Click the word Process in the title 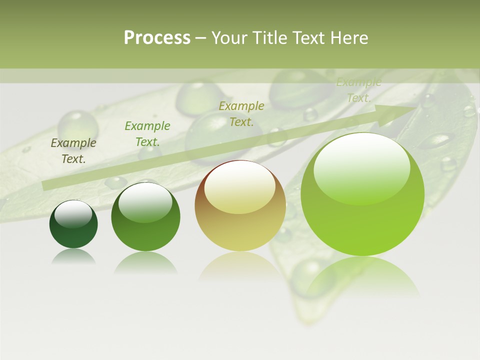point(157,38)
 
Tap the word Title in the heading point(269,38)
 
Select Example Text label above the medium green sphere point(147,134)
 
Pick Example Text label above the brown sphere point(241,113)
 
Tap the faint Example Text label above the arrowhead point(359,90)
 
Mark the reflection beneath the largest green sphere point(362,275)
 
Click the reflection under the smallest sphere point(73,256)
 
